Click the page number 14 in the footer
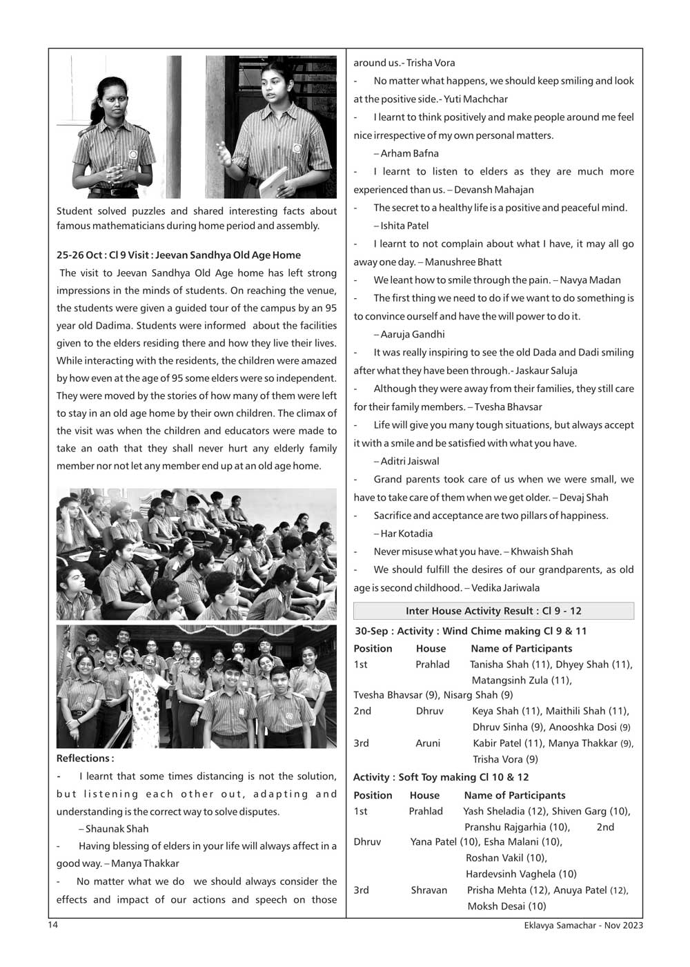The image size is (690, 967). (53, 925)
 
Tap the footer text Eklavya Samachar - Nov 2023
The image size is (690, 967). (583, 925)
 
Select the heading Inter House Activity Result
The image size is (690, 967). (493, 611)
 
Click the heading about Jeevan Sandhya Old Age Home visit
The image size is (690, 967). (179, 255)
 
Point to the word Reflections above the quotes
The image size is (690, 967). (85, 758)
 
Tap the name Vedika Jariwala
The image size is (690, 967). (505, 587)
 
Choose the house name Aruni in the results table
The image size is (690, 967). (428, 743)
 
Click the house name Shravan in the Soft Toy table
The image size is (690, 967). (429, 890)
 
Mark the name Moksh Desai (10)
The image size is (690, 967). (506, 906)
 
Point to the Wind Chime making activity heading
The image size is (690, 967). (471, 631)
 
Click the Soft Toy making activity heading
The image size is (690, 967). (441, 777)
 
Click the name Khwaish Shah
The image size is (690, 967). (542, 551)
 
